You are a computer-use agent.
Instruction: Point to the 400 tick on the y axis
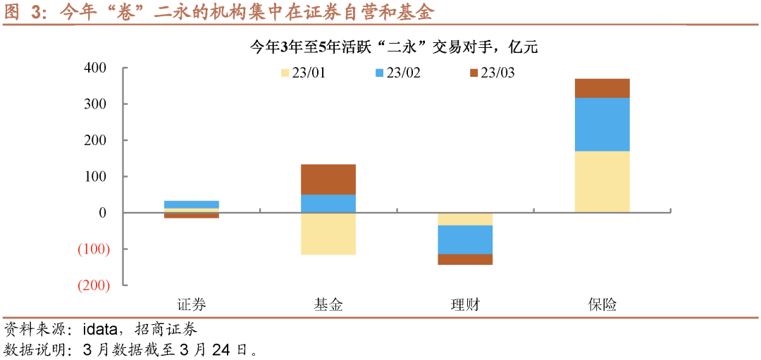(94, 68)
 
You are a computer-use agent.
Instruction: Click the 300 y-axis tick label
(94, 104)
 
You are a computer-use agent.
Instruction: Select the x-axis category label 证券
(191, 305)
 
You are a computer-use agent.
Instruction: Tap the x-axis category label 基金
(328, 305)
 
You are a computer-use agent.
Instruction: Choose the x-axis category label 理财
(465, 305)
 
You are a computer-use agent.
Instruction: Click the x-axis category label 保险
(602, 305)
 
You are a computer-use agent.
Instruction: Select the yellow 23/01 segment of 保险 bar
(602, 182)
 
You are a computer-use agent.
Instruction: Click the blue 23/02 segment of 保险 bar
(602, 125)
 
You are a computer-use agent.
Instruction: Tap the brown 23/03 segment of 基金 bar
(328, 180)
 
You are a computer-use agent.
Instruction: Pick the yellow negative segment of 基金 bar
(328, 233)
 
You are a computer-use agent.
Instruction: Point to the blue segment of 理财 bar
(465, 240)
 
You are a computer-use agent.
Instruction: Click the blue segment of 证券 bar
(192, 204)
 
